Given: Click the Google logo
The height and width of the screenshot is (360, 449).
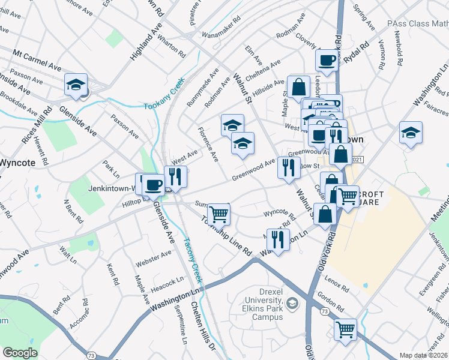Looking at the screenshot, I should (20, 353).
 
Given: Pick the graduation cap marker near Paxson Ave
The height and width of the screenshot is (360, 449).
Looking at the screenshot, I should (76, 85).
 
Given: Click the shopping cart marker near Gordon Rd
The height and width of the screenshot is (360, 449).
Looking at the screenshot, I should (345, 329).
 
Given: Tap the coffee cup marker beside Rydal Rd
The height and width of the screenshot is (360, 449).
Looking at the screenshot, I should (327, 61).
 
